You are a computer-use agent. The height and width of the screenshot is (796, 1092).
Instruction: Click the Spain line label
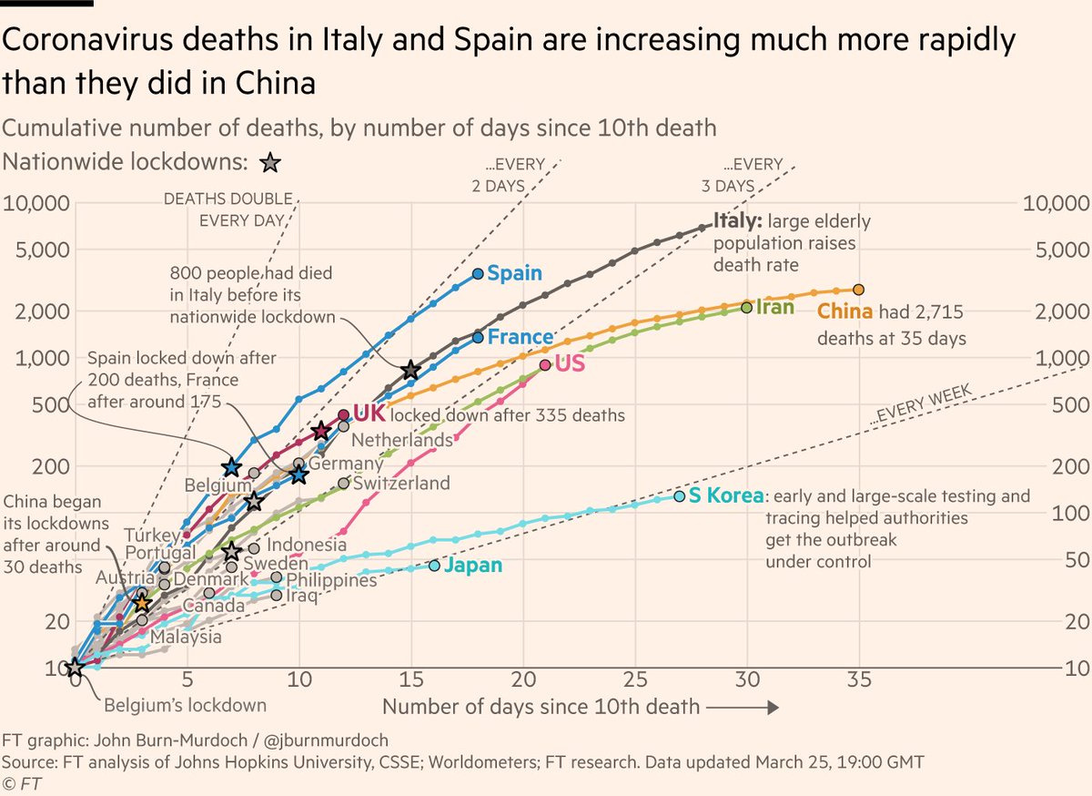514,273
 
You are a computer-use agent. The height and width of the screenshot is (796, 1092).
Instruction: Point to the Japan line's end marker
434,566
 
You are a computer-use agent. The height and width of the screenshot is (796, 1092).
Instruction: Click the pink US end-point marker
546,364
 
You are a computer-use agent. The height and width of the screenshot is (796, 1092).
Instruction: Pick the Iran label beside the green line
774,308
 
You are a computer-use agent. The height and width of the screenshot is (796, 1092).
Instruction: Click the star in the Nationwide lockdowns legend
270,164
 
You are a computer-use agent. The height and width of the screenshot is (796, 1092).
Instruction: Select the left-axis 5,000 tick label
37,250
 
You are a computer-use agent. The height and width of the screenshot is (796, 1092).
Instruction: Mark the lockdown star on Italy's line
411,370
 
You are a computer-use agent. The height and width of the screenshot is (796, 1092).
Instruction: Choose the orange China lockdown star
141,602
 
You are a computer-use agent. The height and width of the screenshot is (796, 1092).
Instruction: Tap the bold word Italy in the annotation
737,220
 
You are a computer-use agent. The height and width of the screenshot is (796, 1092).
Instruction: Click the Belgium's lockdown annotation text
185,705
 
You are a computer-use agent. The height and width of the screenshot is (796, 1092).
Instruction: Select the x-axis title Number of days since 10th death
541,707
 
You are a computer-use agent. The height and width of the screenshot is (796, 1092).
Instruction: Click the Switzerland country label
400,483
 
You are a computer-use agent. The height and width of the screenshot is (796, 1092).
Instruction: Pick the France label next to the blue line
520,337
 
